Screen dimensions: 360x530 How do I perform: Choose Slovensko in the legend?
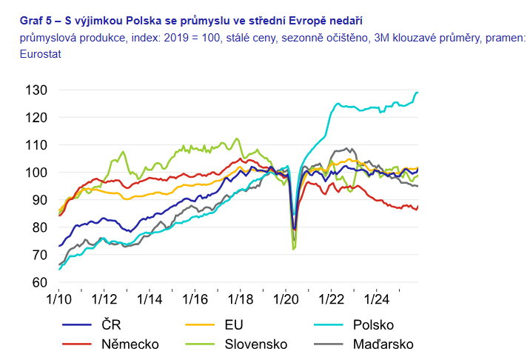[x=251, y=344]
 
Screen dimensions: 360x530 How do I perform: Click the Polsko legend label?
[x=373, y=324]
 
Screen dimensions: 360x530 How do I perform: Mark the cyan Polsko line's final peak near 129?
[x=417, y=93]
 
